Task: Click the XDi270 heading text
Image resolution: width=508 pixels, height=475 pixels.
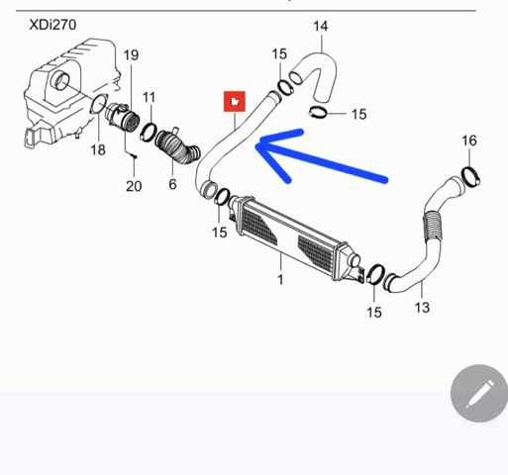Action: pyautogui.click(x=52, y=25)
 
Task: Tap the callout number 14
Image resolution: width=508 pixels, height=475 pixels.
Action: pyautogui.click(x=321, y=27)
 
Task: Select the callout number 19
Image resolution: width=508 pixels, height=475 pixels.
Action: pyautogui.click(x=131, y=55)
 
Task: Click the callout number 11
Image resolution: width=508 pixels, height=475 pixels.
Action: pyautogui.click(x=149, y=97)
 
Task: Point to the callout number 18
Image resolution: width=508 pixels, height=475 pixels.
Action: pyautogui.click(x=98, y=150)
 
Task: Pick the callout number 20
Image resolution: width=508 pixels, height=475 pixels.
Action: pyautogui.click(x=134, y=186)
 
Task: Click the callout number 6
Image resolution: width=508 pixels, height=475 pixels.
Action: pyautogui.click(x=172, y=184)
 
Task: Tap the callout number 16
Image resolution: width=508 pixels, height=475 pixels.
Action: pyautogui.click(x=469, y=141)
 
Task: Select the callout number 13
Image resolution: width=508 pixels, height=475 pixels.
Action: pyautogui.click(x=422, y=308)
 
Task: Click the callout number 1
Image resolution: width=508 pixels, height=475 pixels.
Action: pyautogui.click(x=280, y=280)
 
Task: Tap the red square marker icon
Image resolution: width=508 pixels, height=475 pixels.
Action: pyautogui.click(x=235, y=101)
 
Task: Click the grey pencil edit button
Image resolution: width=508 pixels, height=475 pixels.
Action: pyautogui.click(x=479, y=393)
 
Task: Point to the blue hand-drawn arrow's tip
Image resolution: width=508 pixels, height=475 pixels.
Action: pyautogui.click(x=256, y=145)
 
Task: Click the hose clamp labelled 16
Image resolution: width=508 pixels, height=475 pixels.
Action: pyautogui.click(x=471, y=177)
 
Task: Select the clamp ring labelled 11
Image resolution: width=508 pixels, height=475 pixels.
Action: pyautogui.click(x=149, y=132)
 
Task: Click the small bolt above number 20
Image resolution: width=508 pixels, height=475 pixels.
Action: pyautogui.click(x=134, y=156)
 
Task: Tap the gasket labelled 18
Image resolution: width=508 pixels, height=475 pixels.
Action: pyautogui.click(x=99, y=104)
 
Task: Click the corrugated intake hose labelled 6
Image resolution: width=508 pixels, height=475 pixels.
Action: pyautogui.click(x=177, y=146)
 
